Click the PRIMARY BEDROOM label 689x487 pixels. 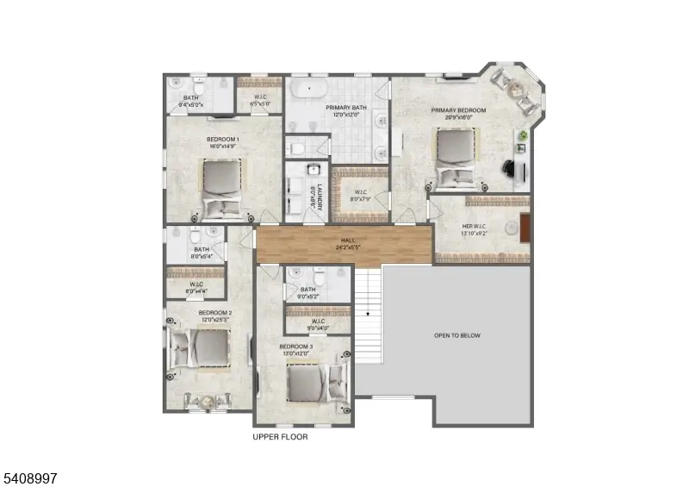tap(458, 110)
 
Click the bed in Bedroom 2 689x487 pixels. tap(203, 349)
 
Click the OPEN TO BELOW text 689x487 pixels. tap(457, 335)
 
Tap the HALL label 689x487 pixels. tap(347, 240)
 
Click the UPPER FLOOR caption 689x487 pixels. tap(280, 437)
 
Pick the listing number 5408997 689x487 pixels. tap(30, 477)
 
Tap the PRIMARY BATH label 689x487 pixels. tap(345, 108)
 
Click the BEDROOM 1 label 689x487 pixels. tap(222, 139)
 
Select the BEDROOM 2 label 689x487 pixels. tap(214, 312)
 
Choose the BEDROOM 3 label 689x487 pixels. tap(295, 347)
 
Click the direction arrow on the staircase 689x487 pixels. tap(368, 314)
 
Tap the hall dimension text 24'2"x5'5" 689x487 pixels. tap(347, 247)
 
